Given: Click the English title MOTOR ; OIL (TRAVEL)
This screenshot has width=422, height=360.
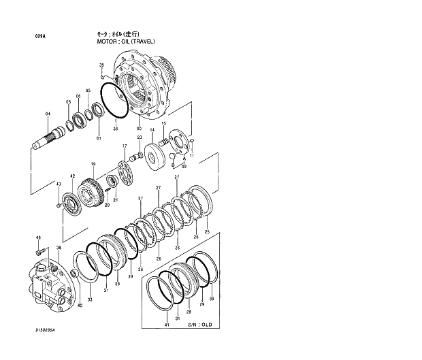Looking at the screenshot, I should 126,42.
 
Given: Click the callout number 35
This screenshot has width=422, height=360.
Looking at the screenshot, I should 101,65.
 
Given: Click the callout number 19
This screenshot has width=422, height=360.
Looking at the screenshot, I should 93,164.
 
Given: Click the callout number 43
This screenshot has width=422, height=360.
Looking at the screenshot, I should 58,184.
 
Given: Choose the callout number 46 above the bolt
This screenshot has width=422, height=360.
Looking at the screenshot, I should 38,238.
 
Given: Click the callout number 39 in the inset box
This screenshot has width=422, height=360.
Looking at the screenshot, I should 211,299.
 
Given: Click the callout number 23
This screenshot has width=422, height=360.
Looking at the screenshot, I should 139,137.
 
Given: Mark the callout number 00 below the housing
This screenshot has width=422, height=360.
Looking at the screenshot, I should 139,129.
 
